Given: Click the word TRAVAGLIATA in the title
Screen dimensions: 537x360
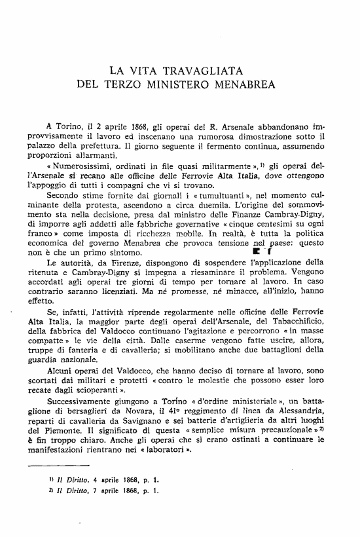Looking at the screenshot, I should tap(209, 69).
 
